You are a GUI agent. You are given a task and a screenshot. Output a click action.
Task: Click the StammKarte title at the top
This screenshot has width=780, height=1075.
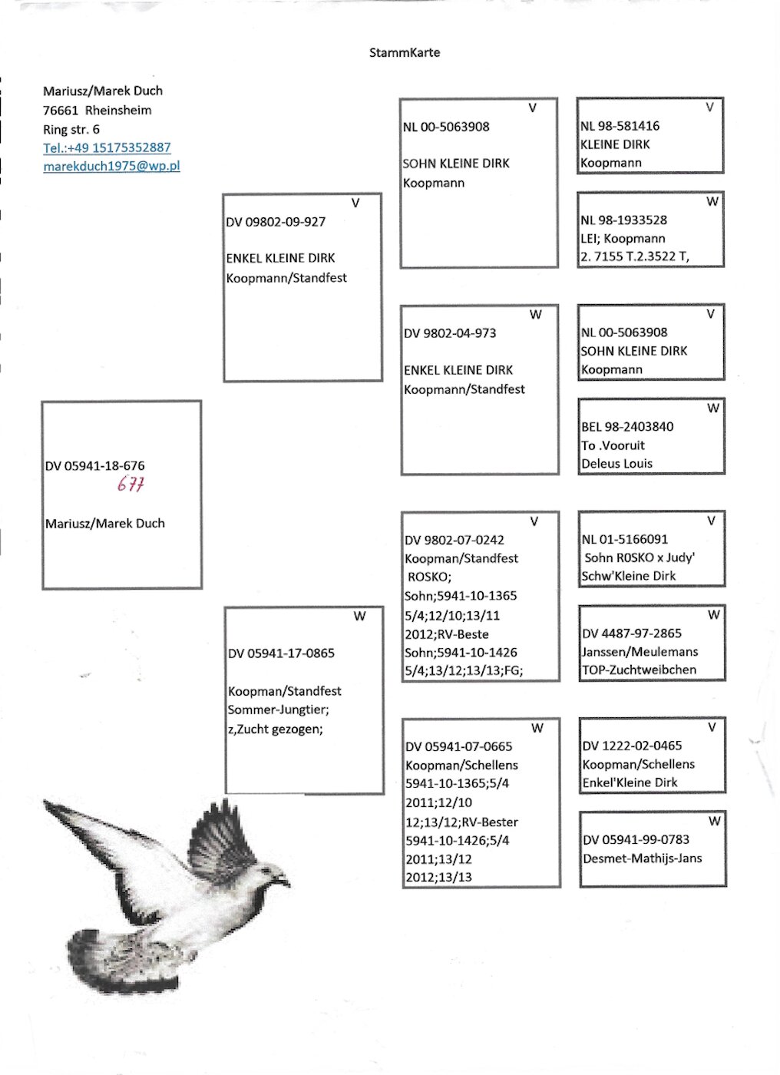pos(404,53)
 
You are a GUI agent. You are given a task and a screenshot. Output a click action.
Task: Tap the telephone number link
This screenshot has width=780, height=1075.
pos(107,147)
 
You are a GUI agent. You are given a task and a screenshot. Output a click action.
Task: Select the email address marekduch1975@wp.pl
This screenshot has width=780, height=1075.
pos(111,166)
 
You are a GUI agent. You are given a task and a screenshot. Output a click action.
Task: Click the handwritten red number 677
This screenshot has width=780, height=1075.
pos(131,485)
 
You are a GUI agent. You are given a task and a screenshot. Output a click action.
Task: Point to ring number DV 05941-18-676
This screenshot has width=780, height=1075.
pos(94,466)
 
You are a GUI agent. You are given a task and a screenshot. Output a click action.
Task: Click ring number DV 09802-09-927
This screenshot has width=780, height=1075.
pos(276,222)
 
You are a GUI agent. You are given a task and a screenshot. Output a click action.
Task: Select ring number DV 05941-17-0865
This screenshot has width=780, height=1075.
pos(281,653)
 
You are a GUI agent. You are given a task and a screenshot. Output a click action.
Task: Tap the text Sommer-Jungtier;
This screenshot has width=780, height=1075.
pos(278,709)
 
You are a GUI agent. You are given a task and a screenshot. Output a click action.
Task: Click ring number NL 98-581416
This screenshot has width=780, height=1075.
pos(620,126)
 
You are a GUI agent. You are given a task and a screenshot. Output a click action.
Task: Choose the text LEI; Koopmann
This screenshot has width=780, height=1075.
pos(623,238)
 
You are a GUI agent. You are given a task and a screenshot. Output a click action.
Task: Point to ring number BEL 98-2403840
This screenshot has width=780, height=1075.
pos(627,427)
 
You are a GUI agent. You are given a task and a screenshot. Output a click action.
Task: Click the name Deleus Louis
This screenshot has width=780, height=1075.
pos(616,464)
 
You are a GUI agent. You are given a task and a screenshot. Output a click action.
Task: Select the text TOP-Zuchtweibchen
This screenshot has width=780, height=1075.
pos(639,670)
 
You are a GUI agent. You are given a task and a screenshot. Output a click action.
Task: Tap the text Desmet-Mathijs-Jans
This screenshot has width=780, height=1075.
pos(642,858)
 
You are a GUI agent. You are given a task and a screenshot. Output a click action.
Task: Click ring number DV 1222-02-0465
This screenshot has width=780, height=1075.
pos(632,746)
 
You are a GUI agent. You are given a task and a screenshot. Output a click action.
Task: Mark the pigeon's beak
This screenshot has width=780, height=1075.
pos(286,881)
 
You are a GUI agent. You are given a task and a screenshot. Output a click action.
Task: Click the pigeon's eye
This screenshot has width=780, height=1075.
pos(269,870)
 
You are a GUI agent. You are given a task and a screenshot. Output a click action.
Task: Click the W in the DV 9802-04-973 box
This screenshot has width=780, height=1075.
pos(536,314)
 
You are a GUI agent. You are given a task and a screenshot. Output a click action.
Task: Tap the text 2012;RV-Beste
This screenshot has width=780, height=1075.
pos(446,634)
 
